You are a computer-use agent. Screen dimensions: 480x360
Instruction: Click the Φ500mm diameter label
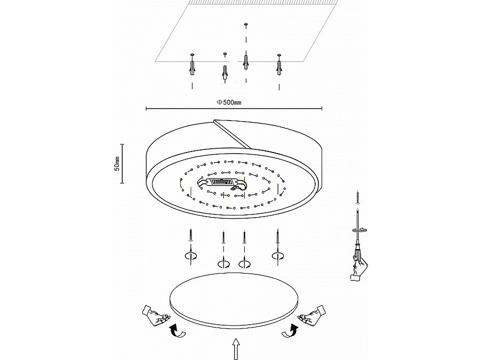(229, 102)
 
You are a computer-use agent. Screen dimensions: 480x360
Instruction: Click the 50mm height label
(117, 164)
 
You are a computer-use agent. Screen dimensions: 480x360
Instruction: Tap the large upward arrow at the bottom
(236, 348)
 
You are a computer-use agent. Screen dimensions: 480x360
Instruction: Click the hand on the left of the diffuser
(156, 315)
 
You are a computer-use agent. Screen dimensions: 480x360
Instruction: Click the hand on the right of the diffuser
(312, 315)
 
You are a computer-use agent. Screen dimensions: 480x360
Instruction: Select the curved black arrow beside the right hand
(290, 331)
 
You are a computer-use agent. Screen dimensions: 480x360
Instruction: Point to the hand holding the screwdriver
(359, 268)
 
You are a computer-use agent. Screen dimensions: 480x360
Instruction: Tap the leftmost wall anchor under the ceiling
(192, 68)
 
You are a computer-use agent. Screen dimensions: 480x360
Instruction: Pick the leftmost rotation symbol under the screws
(191, 257)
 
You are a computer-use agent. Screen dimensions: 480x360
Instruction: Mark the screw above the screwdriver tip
(357, 197)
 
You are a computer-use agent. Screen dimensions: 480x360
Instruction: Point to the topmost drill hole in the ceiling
(245, 23)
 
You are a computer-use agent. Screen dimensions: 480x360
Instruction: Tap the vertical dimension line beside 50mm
(123, 164)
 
